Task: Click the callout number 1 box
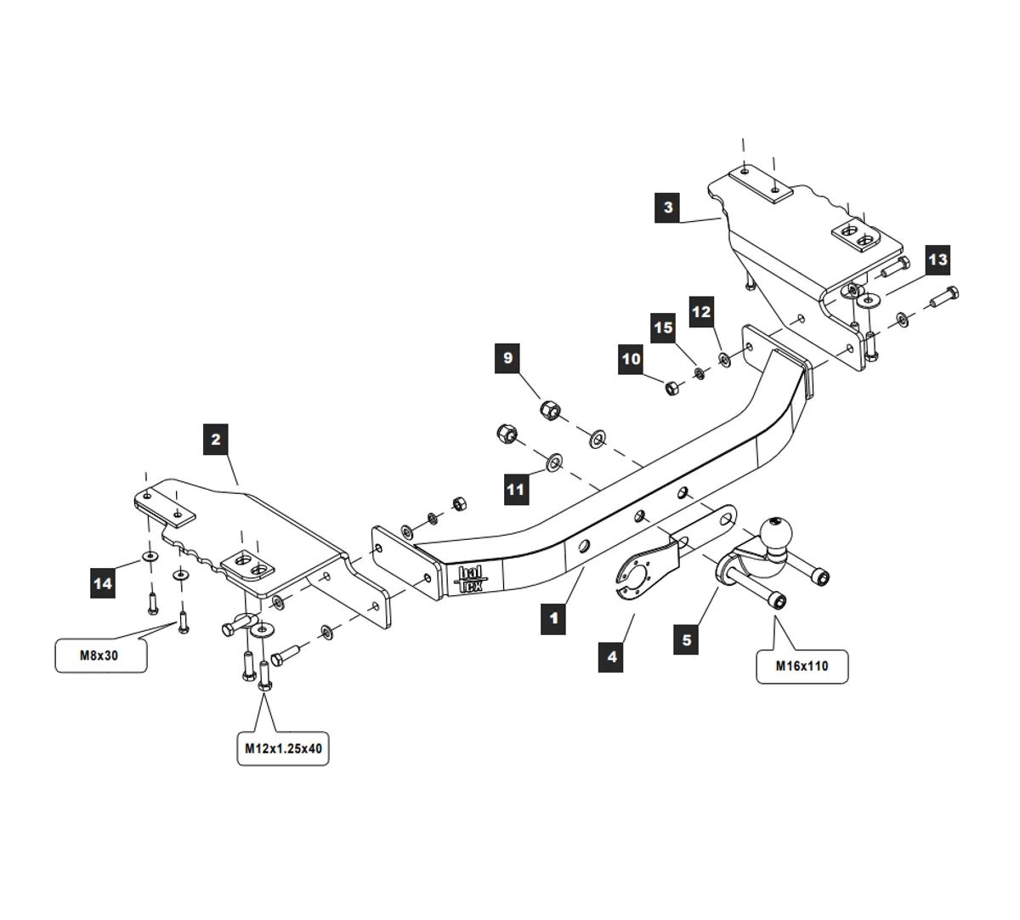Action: tap(553, 617)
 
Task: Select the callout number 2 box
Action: tap(216, 440)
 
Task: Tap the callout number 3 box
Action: tap(668, 207)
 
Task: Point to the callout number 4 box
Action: tap(611, 656)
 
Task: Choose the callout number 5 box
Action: tap(687, 639)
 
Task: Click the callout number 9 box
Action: tap(508, 358)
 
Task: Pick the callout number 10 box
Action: tap(632, 360)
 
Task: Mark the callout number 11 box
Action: tap(516, 490)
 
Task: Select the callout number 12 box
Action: tap(701, 312)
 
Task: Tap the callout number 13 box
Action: tap(938, 259)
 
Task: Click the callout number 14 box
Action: tap(103, 583)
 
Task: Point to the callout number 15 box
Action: tap(664, 328)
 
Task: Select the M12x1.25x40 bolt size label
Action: tap(282, 748)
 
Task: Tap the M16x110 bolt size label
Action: tap(802, 666)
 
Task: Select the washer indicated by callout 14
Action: tap(150, 556)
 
